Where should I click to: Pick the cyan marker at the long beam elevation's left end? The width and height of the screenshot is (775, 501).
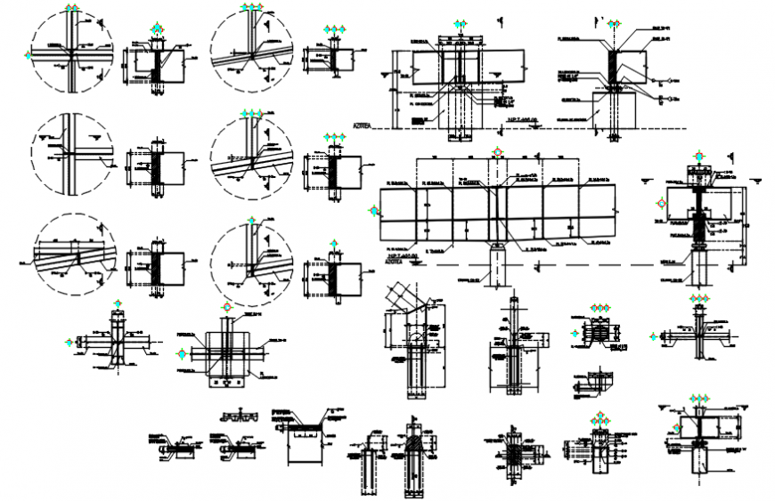pyautogui.click(x=373, y=212)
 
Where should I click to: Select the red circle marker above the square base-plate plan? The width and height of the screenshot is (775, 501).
pyautogui.click(x=229, y=307)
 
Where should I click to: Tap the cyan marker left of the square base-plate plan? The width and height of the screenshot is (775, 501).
pyautogui.click(x=184, y=353)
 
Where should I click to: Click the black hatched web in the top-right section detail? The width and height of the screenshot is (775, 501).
pyautogui.click(x=614, y=67)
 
